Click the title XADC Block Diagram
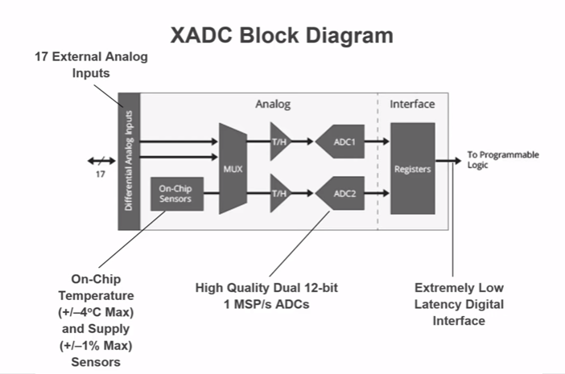click(x=282, y=35)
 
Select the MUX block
click(x=233, y=168)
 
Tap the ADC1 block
click(x=341, y=142)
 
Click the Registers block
click(x=412, y=168)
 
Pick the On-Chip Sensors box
click(x=175, y=194)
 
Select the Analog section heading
click(x=273, y=105)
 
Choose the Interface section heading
click(x=412, y=105)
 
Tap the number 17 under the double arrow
click(x=100, y=173)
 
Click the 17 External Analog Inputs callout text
click(x=91, y=65)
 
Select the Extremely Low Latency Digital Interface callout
click(x=460, y=303)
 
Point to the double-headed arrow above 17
click(x=101, y=159)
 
